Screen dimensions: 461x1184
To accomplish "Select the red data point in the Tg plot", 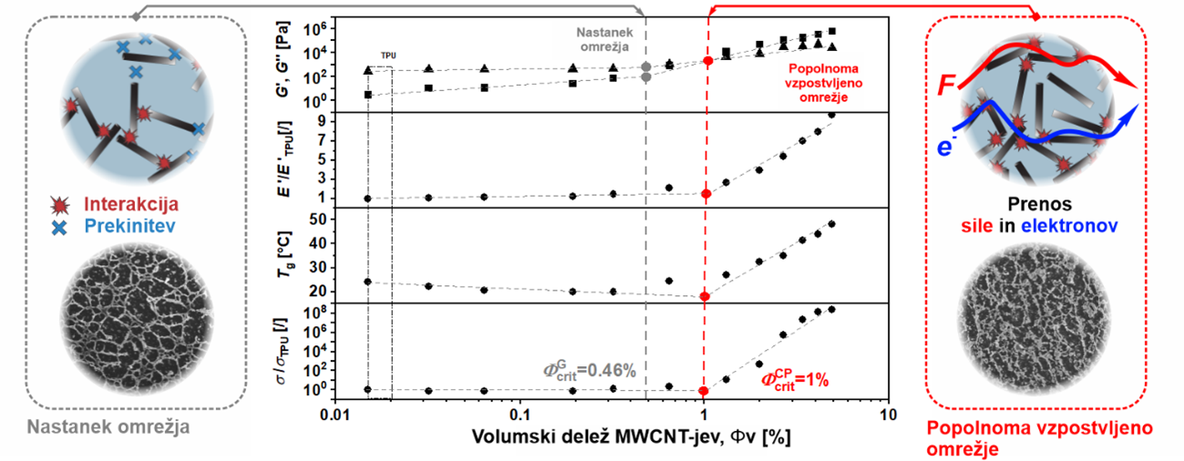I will [705, 296].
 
